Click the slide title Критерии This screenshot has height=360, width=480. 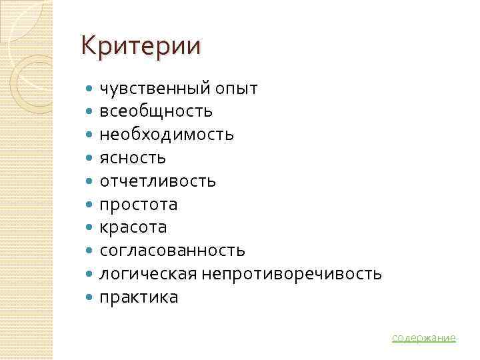click(x=140, y=47)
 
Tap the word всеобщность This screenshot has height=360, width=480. click(x=156, y=111)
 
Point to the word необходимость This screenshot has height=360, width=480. click(x=167, y=134)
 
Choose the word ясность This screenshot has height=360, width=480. click(x=133, y=157)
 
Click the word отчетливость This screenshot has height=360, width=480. click(x=157, y=181)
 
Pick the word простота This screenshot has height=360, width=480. click(x=139, y=204)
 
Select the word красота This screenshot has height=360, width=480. click(x=133, y=227)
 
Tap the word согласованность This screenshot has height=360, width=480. click(x=172, y=251)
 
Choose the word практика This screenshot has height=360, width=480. click(x=139, y=297)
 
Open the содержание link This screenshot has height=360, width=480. click(x=423, y=338)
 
